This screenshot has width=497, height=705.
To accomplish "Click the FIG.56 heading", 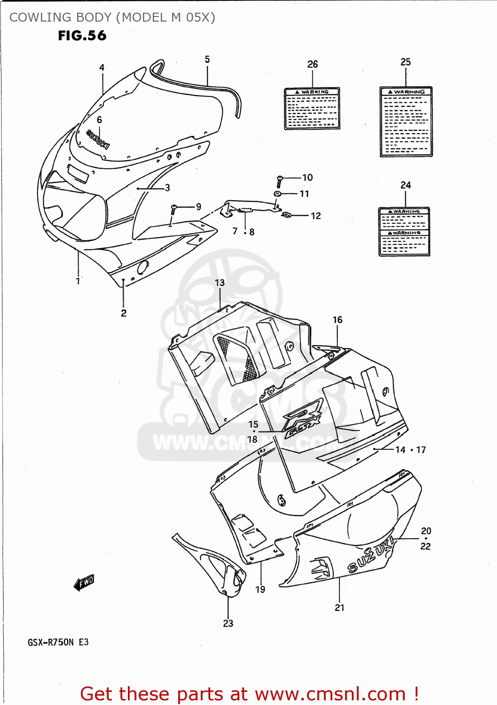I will [x=82, y=36].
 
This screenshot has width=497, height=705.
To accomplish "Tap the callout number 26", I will [x=313, y=64].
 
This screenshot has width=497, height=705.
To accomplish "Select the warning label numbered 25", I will [x=406, y=122].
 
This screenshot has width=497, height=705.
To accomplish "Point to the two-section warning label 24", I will [x=404, y=232].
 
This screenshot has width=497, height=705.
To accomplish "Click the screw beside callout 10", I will [x=279, y=181].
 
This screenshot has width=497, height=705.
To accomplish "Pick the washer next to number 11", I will [x=278, y=194].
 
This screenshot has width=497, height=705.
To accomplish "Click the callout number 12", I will [x=316, y=216].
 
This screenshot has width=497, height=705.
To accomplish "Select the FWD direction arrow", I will [x=84, y=583].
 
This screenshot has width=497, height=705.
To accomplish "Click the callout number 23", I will [x=228, y=623].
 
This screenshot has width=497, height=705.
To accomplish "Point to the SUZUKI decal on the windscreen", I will [x=98, y=140].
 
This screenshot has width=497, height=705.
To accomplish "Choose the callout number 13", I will [x=220, y=283].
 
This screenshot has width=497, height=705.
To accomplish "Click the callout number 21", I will [x=339, y=608].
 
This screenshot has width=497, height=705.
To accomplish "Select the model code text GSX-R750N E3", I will [x=58, y=642].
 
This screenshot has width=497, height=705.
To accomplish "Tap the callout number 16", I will [x=338, y=320].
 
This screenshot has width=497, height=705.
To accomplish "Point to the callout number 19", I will [x=260, y=589].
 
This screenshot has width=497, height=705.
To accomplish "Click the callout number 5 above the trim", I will [x=207, y=60].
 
